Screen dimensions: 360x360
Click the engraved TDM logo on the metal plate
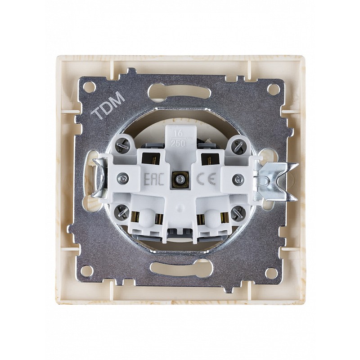coord(108,105)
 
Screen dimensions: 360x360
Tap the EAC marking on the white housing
coord(154,179)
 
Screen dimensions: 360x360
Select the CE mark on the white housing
coord(207,179)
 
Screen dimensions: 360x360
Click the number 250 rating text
coord(178,144)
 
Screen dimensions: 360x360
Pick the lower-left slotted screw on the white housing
coord(121,212)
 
